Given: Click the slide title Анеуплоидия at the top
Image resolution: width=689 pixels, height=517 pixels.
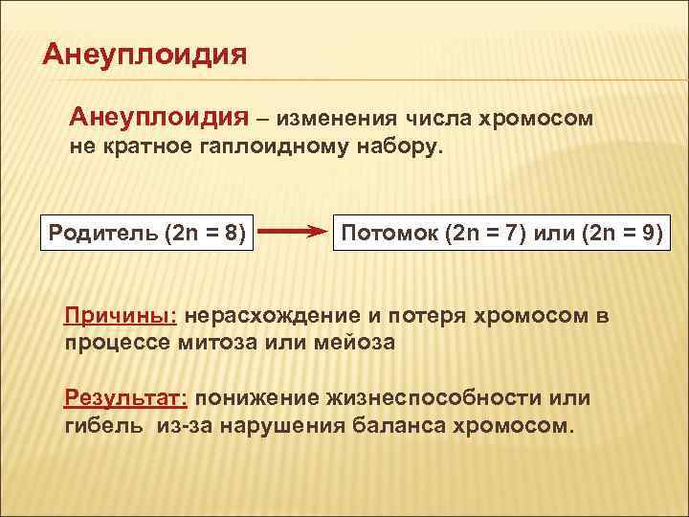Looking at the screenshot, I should coord(144,53).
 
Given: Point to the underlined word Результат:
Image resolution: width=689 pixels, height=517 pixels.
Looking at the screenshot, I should coord(128,397).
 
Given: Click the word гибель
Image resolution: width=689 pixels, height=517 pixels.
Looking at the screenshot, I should coord(100,425).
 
